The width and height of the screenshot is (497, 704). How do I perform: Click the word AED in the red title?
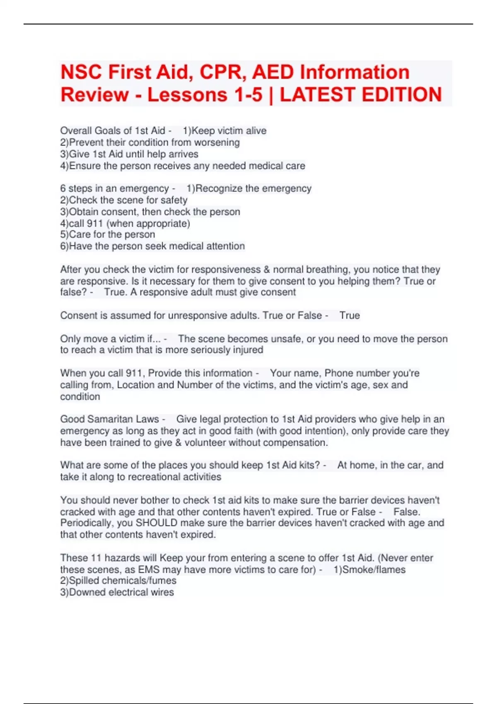point(273,72)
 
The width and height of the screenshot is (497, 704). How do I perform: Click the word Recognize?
point(219,188)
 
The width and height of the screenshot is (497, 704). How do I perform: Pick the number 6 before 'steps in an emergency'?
point(63,188)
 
